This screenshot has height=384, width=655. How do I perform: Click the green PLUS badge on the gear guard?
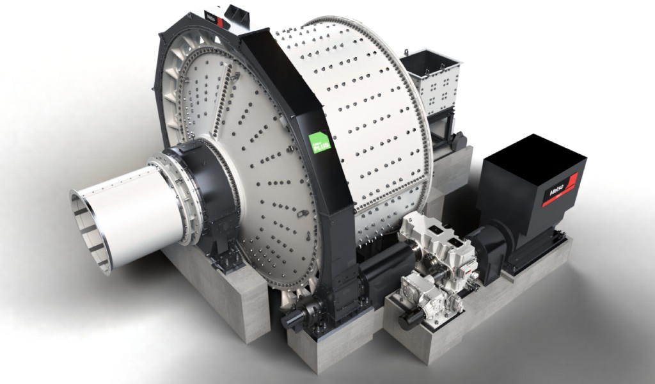(x=319, y=141)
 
